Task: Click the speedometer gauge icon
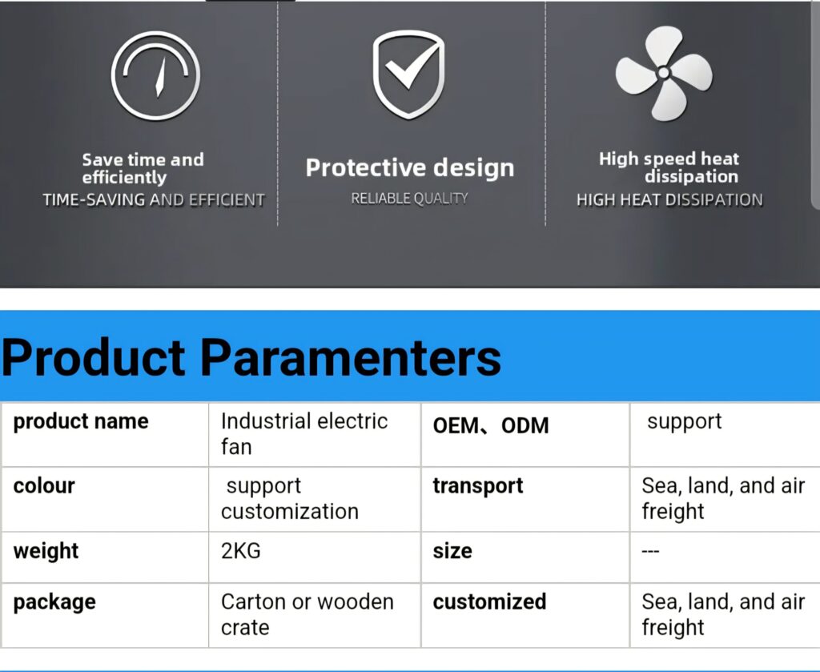[x=155, y=75]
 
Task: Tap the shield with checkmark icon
[x=409, y=74]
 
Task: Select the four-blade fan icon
[x=664, y=73]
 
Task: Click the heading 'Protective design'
[x=410, y=168]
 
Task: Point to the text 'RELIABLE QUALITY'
[x=409, y=199]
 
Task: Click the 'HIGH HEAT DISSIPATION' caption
[x=670, y=199]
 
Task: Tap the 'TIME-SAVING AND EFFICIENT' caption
[x=154, y=199]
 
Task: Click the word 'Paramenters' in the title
[x=351, y=358]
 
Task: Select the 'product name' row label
[x=81, y=422]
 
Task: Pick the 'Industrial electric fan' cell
[x=304, y=434]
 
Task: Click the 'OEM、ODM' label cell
[x=491, y=425]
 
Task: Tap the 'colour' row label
[x=44, y=486]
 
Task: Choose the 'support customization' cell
[x=290, y=499]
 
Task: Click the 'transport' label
[x=478, y=486]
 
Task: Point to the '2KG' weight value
[x=240, y=551]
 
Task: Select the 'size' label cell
[x=452, y=551]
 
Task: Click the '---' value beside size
[x=650, y=552]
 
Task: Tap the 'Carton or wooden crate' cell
[x=307, y=614]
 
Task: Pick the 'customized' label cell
[x=489, y=602]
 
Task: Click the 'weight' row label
[x=46, y=551]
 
